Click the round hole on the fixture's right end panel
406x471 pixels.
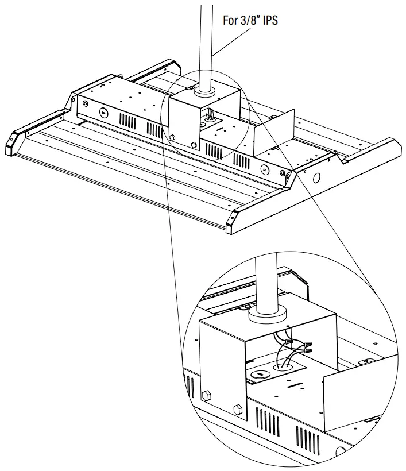[x=315, y=178]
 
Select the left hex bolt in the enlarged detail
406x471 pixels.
[x=206, y=396]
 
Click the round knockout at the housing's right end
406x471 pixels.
[x=265, y=169]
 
